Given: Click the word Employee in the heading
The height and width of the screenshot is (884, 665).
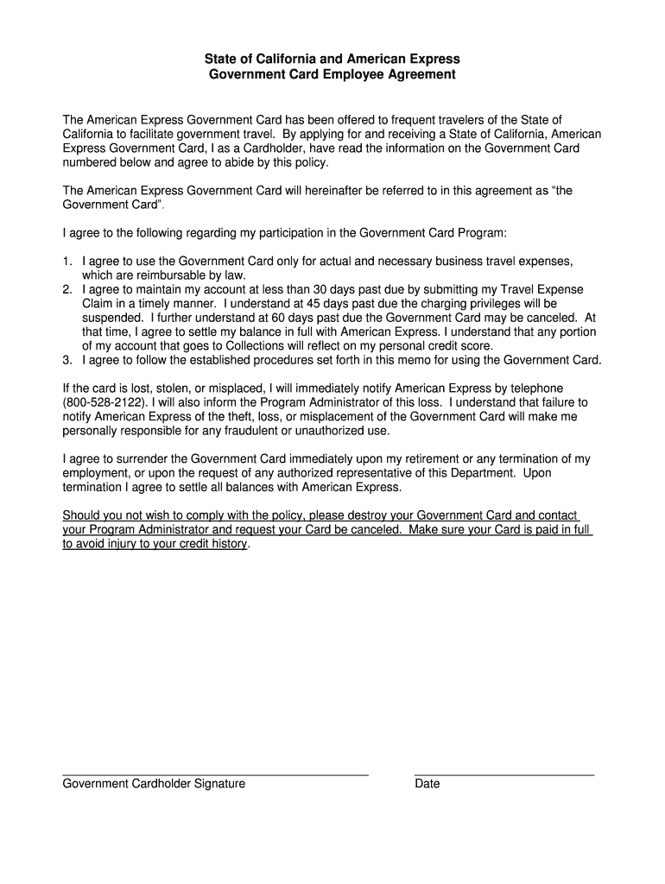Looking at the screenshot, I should coord(356,75).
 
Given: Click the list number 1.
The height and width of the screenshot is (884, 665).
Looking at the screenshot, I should coord(66,261).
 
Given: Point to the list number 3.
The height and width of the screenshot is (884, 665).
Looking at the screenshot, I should coord(66,360).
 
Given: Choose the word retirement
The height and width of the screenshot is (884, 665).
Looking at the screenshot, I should coord(450,458).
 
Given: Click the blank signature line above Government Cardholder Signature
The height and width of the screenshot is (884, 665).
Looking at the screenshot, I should coord(216,774).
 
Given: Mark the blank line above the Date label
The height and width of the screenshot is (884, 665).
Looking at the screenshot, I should coord(504,774).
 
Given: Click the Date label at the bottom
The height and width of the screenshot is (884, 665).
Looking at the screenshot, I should coord(427,784).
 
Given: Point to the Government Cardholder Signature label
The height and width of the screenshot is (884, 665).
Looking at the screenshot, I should coord(154,784).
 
